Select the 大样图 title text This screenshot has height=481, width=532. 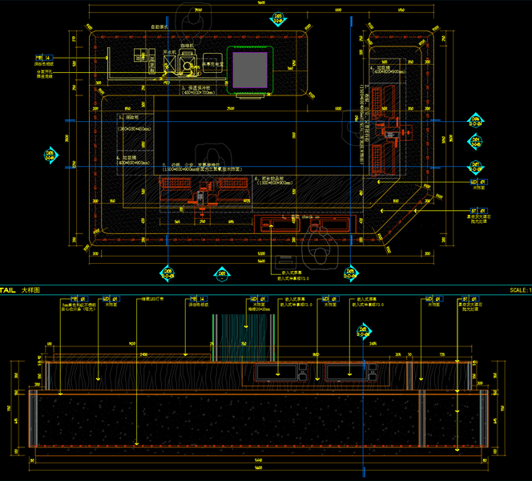pos(31,289)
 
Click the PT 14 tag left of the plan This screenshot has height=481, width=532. pos(43,59)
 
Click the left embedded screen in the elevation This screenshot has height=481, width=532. pos(279,371)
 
